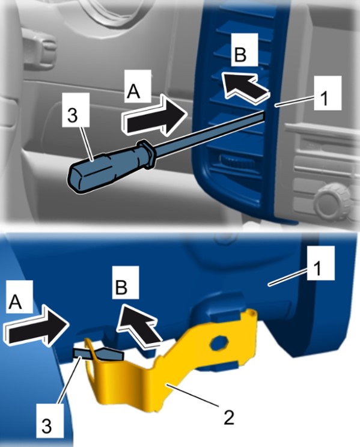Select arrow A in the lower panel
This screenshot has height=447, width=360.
coord(38,325)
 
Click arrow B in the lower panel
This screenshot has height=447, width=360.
coord(141,326)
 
